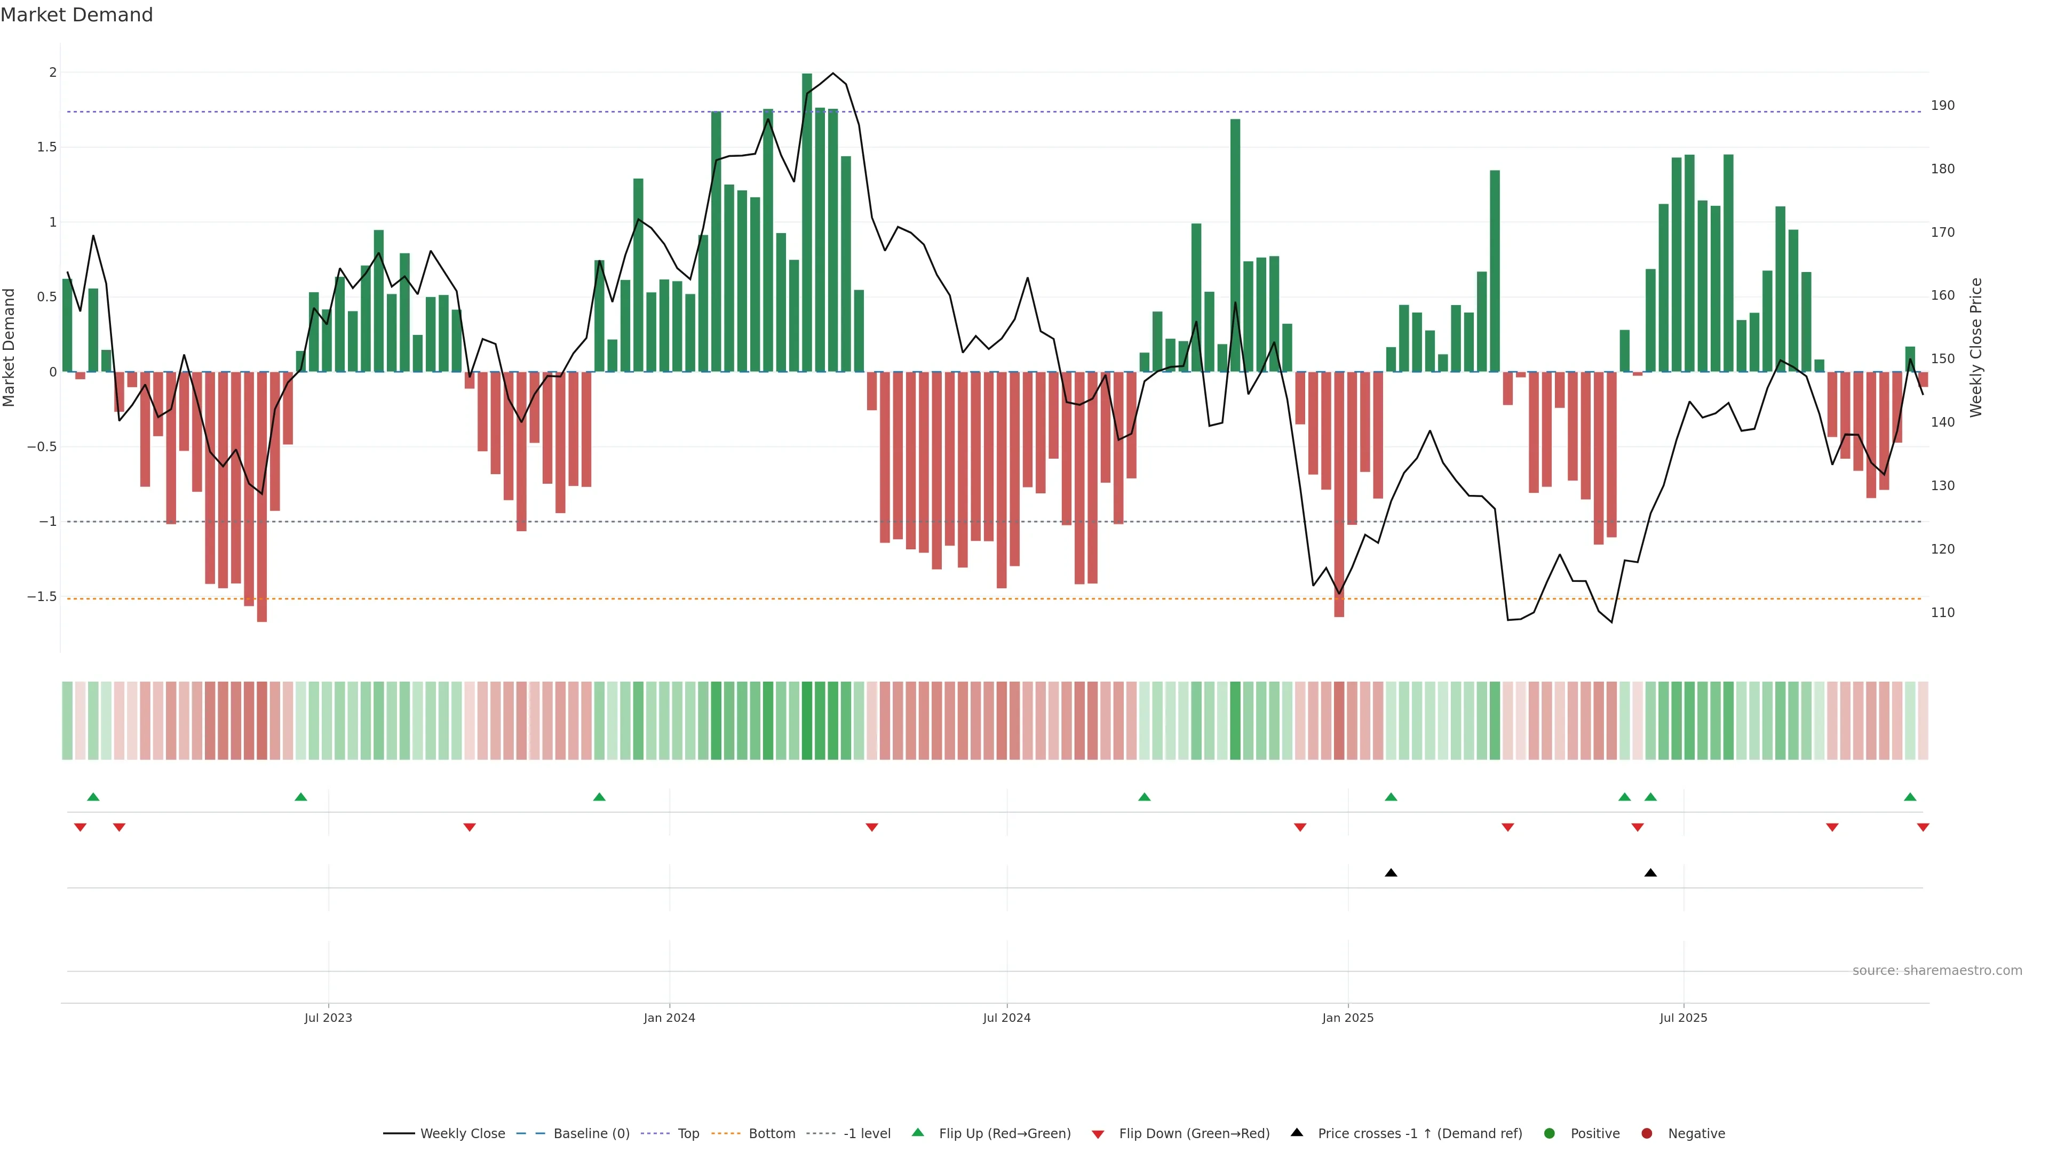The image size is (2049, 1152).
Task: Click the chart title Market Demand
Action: point(76,15)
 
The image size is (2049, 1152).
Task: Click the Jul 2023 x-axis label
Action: point(328,1018)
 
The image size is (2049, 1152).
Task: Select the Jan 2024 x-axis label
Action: point(669,1018)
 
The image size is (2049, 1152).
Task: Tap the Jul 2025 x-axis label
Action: point(1683,1018)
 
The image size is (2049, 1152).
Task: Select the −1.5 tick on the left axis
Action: point(42,596)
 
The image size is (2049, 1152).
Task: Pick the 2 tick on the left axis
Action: point(53,73)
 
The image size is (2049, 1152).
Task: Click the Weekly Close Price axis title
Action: point(1976,347)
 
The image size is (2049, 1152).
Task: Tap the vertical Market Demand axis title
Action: point(10,347)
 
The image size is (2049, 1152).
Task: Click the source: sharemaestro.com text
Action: point(1937,971)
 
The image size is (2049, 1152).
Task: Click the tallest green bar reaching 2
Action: point(807,222)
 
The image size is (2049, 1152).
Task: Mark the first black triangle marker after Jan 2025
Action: point(1391,873)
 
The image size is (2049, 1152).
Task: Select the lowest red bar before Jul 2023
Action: point(261,497)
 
